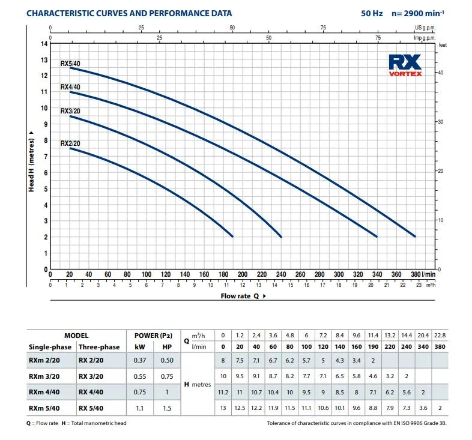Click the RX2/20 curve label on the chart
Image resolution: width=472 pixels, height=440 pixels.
[x=70, y=143]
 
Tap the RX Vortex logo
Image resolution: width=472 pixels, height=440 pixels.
[x=405, y=65]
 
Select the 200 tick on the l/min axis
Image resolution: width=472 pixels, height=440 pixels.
[x=243, y=274]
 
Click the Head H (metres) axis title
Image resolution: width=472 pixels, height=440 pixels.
[x=31, y=166]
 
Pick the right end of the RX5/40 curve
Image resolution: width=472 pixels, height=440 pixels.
[x=415, y=237]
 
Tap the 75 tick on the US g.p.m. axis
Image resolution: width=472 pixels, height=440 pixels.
[x=323, y=28]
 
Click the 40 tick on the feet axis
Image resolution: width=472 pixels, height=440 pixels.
[x=441, y=72]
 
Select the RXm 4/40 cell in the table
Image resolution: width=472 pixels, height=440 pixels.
[x=44, y=392]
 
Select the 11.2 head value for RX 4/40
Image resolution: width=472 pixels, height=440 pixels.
[x=223, y=392]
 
